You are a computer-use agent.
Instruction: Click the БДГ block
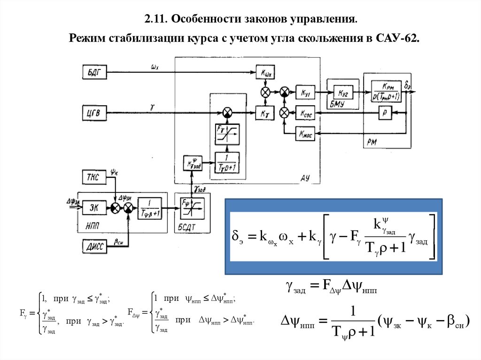pyautogui.click(x=94, y=72)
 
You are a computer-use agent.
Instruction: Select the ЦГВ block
pyautogui.click(x=94, y=112)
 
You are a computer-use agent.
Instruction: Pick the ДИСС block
pyautogui.click(x=94, y=244)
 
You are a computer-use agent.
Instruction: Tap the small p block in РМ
pyautogui.click(x=385, y=113)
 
